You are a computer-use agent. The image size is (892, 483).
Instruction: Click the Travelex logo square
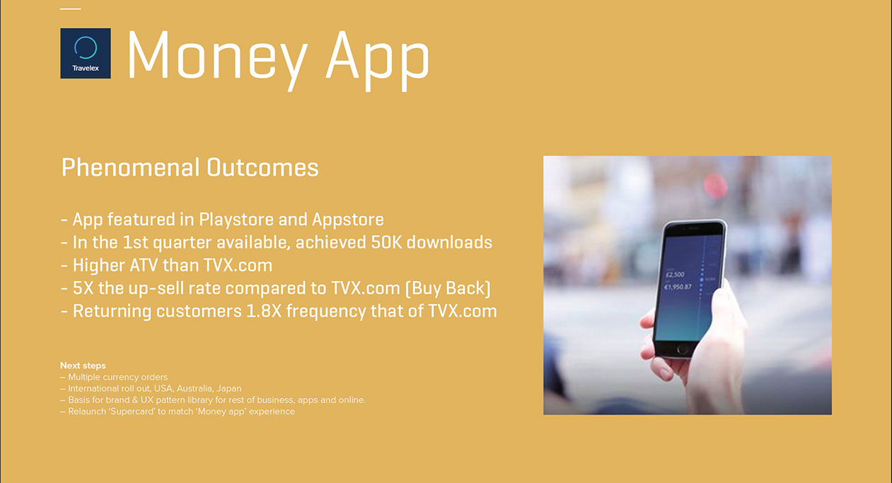point(86,53)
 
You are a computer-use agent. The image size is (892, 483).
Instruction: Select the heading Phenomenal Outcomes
point(190,168)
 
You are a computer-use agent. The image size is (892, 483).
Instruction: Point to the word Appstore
point(347,220)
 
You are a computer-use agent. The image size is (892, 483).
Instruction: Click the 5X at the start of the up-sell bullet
point(83,288)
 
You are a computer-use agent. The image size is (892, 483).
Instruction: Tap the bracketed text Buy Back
point(448,288)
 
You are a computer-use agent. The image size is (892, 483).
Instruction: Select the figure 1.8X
point(264,312)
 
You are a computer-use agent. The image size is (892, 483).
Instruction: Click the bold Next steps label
point(83,365)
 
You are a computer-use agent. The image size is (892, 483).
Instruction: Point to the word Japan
point(229,389)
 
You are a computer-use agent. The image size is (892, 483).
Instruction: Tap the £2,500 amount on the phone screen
point(675,275)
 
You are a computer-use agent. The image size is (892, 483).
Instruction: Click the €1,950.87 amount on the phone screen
point(678,287)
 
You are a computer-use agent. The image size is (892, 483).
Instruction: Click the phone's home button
point(682,350)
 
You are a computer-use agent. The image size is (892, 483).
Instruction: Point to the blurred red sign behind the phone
point(715,186)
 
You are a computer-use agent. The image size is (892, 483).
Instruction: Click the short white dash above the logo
point(71,8)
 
